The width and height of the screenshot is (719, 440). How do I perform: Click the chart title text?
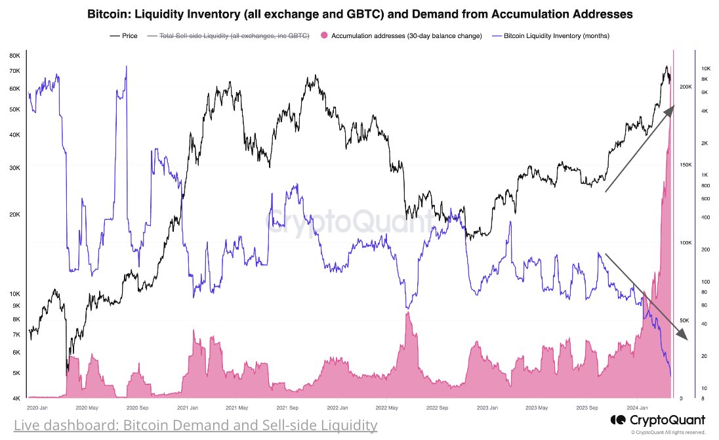[x=359, y=13]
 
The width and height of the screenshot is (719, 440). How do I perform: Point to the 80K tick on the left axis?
[x=14, y=55]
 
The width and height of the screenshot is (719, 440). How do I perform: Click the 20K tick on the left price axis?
[x=14, y=215]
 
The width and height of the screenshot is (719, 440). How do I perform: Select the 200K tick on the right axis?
[x=686, y=87]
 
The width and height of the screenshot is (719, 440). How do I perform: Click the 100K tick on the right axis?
[x=686, y=243]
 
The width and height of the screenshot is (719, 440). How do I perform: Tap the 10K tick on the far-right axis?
[x=707, y=69]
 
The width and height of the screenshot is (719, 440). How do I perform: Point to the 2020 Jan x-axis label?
[x=38, y=408]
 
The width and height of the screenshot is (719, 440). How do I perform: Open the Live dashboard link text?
[x=195, y=426]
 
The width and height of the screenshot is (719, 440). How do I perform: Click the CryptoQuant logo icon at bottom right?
[x=617, y=420]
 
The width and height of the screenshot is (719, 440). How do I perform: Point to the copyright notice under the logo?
[x=667, y=432]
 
